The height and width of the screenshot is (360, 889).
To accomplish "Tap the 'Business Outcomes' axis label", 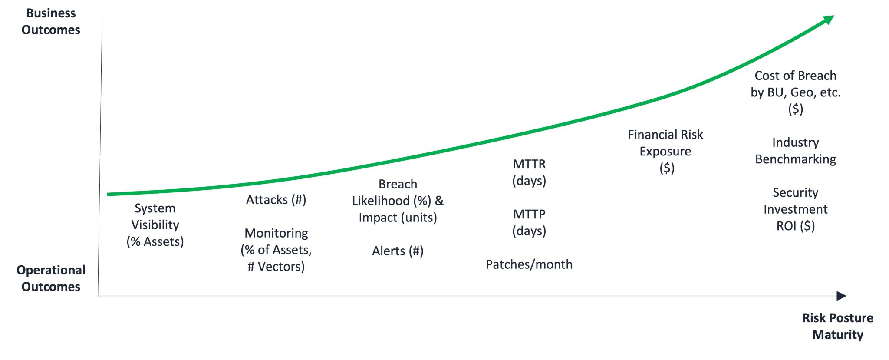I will (x=51, y=22).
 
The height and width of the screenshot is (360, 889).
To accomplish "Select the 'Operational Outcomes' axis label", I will (x=51, y=278).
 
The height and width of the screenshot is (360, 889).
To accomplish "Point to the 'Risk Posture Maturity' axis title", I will (x=837, y=326).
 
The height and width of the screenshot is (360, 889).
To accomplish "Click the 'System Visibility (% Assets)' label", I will (x=155, y=225).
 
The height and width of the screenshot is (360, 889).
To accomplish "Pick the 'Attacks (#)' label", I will (x=276, y=200).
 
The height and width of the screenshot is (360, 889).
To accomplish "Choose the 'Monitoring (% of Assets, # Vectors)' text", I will (x=276, y=250).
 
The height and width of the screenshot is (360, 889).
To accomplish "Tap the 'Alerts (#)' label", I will (x=398, y=251).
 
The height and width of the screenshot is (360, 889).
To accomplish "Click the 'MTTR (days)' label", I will (x=529, y=172).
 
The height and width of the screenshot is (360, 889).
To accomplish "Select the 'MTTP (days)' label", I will (x=529, y=222).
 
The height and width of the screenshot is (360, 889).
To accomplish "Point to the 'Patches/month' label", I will (x=529, y=264).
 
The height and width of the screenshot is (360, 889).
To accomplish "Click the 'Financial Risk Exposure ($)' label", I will (x=665, y=151).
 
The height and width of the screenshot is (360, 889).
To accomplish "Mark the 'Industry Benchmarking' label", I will (x=796, y=151).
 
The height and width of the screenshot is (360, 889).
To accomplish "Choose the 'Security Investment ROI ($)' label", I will (x=796, y=209).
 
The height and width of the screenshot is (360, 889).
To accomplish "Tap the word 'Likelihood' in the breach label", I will (x=381, y=201).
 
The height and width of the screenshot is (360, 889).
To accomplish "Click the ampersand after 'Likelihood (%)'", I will (x=439, y=201).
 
